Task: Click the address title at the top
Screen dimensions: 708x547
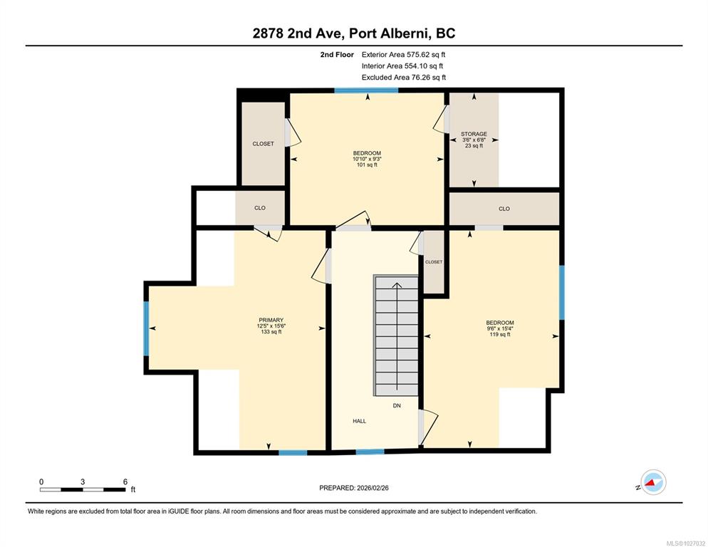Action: click(354, 33)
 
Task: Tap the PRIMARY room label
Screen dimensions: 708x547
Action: click(271, 320)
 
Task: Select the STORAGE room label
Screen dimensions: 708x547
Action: click(474, 134)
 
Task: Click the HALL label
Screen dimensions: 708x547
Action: click(360, 421)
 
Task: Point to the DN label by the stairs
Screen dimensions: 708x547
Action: click(397, 405)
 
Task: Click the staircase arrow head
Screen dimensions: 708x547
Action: click(397, 285)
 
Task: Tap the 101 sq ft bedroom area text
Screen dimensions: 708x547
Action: click(367, 165)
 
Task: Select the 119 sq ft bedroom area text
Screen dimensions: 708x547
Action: click(500, 335)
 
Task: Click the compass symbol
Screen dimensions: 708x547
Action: click(653, 482)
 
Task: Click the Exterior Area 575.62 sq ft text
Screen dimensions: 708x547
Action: click(403, 55)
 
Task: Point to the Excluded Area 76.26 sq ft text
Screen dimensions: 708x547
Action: click(404, 77)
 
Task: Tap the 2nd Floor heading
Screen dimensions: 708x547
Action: click(337, 55)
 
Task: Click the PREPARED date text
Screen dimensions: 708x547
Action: click(354, 488)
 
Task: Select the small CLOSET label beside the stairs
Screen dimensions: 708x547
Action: click(434, 262)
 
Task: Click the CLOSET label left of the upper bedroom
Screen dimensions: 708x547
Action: click(263, 144)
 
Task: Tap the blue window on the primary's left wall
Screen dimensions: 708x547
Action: click(146, 328)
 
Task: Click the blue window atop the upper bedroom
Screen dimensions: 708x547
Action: click(366, 90)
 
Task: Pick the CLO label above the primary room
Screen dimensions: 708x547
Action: click(260, 208)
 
